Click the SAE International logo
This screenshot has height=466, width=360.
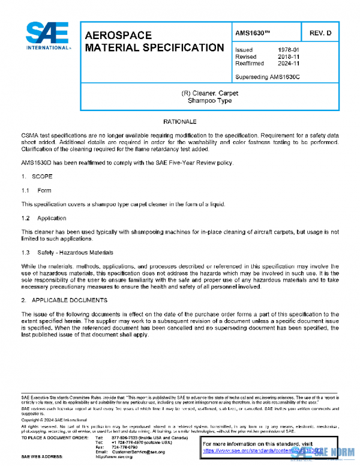coord(47,37)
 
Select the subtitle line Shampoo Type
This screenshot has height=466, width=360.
coord(206,101)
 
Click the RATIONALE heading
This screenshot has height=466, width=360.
coord(180,122)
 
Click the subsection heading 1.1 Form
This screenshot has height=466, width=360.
coord(37,190)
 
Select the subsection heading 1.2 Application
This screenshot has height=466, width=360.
coord(44,218)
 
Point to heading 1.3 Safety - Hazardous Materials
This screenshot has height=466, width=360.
coord(67,252)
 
